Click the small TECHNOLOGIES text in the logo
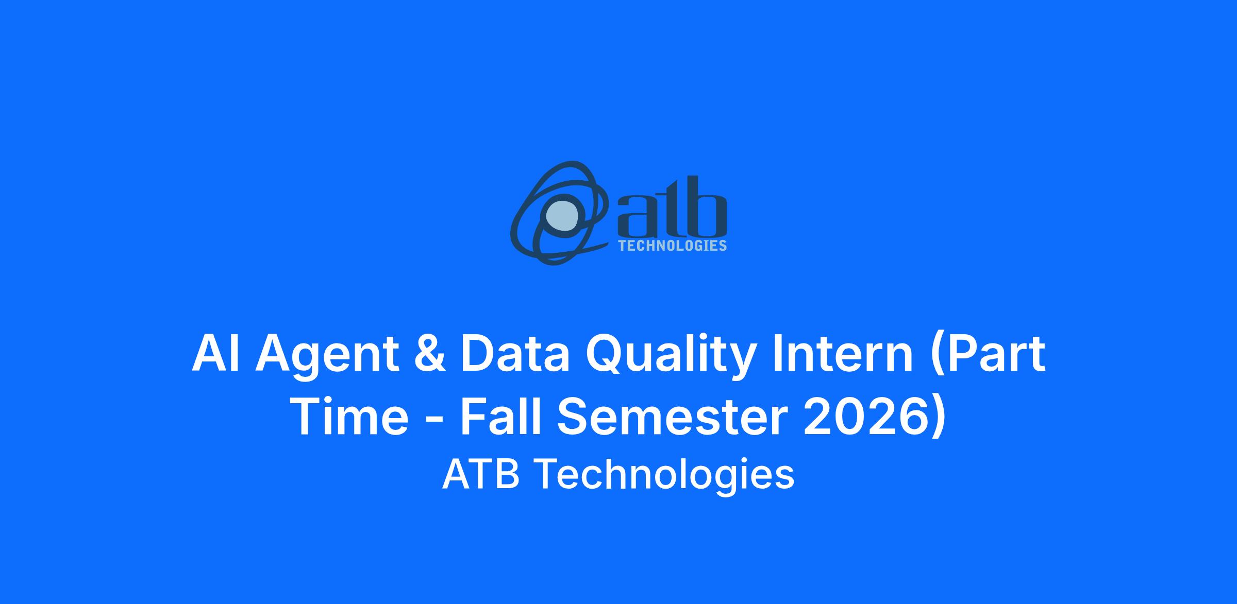(672, 246)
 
